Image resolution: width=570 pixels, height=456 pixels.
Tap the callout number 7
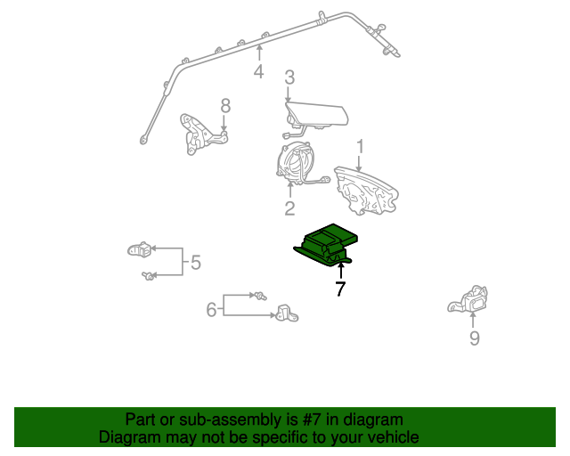[x=340, y=289]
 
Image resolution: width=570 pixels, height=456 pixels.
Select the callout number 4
[x=258, y=71]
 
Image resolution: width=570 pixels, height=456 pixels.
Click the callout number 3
[x=289, y=78]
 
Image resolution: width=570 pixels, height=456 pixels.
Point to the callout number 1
[x=360, y=145]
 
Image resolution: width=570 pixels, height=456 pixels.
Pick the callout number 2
[x=289, y=208]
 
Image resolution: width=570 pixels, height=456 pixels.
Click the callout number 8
[x=225, y=106]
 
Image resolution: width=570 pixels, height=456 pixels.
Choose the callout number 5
[x=195, y=263]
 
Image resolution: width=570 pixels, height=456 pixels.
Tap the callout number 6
[x=212, y=309]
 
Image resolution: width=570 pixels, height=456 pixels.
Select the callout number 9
[x=474, y=338]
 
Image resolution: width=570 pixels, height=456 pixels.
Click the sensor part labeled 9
[x=469, y=302]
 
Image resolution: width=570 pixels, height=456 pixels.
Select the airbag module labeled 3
[x=316, y=115]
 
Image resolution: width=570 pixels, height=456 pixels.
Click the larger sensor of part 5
[x=138, y=249]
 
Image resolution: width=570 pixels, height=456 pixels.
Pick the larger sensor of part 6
[x=285, y=313]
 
